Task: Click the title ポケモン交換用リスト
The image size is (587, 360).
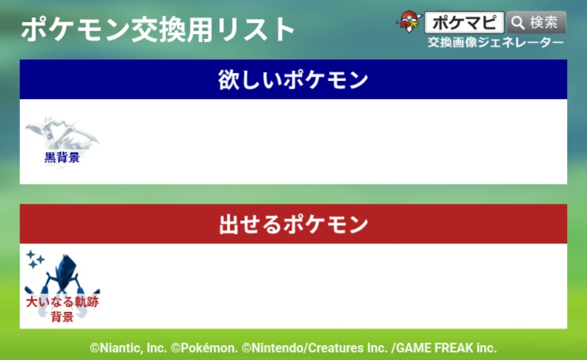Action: pos(157,29)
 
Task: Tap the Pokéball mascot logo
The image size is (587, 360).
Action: pos(409,22)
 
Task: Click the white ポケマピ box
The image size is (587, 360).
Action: pos(464,22)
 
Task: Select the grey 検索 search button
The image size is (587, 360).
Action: pos(537,22)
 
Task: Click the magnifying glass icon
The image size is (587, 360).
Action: pos(518,23)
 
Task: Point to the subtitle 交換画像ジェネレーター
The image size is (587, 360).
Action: pos(495,42)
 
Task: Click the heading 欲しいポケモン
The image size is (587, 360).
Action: pos(293,79)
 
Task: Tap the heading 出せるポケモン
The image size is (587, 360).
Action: pos(293,224)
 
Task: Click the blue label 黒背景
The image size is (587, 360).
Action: pos(62,157)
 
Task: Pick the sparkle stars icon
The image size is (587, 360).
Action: pos(35,259)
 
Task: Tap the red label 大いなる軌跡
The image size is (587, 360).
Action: pos(62,301)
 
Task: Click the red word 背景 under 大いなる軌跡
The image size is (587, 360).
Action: pos(62,317)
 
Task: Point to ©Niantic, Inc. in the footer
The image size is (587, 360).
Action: pos(128,348)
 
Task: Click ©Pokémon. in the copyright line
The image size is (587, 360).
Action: pos(204,348)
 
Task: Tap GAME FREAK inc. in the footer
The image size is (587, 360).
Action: pos(446,348)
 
